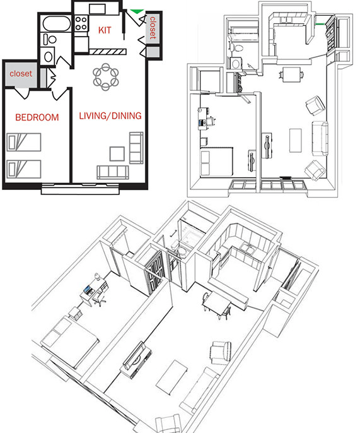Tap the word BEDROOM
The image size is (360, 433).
[x=37, y=117]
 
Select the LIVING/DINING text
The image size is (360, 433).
[x=110, y=116]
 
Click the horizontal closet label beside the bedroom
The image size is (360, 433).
[x=20, y=74]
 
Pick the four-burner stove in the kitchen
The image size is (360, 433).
[x=82, y=23]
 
